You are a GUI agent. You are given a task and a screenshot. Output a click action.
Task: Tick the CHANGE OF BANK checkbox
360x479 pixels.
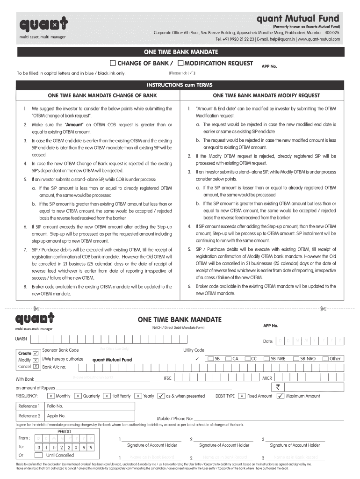[113, 63]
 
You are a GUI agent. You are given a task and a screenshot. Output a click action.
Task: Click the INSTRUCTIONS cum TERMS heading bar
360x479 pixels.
[180, 85]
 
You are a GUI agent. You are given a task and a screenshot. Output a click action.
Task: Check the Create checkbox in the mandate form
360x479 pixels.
[36, 353]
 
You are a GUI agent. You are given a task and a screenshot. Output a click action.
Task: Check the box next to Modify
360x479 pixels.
[36, 360]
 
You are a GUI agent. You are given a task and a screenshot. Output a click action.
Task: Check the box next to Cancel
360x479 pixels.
[36, 367]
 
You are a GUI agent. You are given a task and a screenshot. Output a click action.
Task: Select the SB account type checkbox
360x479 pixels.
[211, 359]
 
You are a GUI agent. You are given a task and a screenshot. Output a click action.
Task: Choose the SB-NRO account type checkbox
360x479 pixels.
[296, 359]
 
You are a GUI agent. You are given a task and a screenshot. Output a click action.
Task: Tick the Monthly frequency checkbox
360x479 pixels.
[51, 396]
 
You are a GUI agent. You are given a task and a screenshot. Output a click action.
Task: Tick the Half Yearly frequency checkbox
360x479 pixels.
[107, 396]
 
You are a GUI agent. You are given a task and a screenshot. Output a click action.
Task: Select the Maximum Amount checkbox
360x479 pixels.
[280, 396]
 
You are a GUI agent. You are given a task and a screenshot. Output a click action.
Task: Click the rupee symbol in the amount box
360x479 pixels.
[278, 387]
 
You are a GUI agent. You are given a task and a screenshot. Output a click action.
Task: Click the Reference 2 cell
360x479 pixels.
[29, 415]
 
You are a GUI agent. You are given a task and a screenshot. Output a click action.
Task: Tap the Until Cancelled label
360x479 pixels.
[60, 455]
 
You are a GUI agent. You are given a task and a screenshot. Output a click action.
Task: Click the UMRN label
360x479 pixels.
[22, 338]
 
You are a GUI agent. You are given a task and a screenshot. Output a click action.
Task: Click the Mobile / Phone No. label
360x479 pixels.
[174, 419]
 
